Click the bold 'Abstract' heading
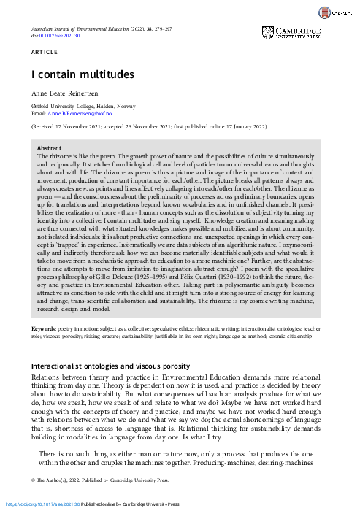[x=50, y=147]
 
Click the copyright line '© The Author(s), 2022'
[x=62, y=480]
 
